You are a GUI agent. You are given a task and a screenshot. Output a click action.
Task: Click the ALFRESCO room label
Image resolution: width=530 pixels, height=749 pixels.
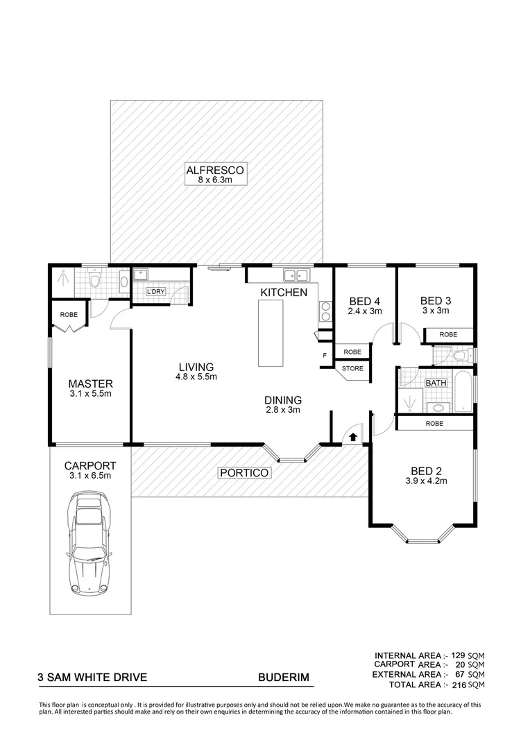click(216, 170)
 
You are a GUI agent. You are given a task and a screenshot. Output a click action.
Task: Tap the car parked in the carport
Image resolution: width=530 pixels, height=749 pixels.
click(89, 544)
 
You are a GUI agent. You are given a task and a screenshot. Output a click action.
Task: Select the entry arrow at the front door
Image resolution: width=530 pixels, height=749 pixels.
click(352, 437)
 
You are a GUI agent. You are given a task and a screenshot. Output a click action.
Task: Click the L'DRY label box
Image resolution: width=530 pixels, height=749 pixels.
click(155, 291)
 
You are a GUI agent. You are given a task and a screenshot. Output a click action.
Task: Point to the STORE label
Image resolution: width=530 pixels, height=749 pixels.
click(352, 368)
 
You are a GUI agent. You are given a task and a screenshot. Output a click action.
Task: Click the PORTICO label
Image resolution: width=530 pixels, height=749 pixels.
click(243, 473)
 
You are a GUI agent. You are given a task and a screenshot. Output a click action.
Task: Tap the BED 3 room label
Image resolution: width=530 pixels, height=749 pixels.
click(436, 301)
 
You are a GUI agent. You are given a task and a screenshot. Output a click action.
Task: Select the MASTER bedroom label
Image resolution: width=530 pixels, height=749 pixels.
click(90, 384)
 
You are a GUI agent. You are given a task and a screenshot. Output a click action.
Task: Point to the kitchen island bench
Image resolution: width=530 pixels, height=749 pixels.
click(271, 334)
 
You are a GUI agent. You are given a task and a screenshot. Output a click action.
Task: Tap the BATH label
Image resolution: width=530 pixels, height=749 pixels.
click(436, 382)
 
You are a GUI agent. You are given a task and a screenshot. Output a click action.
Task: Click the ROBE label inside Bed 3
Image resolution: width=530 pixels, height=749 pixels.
click(449, 334)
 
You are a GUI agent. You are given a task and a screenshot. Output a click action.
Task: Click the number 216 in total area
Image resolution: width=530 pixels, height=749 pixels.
click(456, 685)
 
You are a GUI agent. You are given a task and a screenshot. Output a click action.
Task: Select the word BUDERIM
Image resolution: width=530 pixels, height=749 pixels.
click(283, 678)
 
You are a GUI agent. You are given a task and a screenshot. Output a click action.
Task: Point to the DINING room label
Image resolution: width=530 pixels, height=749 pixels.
click(283, 400)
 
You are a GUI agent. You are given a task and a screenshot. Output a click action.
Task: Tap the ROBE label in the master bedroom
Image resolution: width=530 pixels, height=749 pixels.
click(69, 314)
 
